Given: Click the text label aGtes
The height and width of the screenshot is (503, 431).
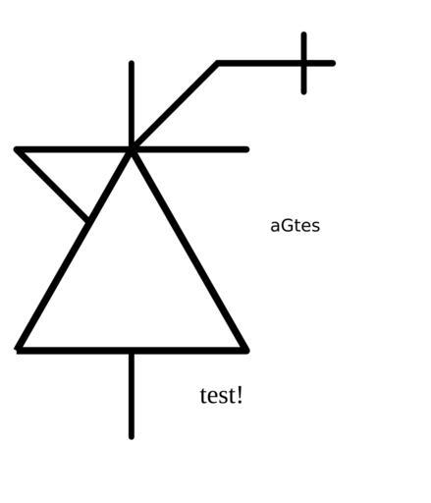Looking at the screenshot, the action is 295,226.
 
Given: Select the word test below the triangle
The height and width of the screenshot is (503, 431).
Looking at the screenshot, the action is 217,395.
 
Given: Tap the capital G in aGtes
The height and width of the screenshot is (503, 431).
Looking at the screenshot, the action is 287,226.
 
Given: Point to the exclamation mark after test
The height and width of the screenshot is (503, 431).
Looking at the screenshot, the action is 240,395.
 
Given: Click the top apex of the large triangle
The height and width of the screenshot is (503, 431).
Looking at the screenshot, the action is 132,149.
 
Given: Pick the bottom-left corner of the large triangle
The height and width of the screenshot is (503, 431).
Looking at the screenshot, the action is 19,350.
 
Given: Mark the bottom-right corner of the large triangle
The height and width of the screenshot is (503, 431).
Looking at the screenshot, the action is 245,350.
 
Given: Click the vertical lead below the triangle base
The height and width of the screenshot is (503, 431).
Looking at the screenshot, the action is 132,395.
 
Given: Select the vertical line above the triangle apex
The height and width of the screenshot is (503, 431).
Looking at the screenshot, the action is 132,105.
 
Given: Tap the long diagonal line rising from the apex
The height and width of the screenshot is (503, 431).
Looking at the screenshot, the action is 175,106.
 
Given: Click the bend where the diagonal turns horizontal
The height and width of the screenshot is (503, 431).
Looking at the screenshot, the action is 218,63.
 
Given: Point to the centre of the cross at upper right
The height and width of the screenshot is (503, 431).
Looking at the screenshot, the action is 304,63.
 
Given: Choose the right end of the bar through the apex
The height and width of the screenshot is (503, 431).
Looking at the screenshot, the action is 246,149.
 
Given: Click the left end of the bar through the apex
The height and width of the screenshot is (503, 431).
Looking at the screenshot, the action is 17,149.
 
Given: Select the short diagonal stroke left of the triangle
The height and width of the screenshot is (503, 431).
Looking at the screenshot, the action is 52,185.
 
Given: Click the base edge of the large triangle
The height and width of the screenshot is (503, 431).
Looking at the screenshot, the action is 132,351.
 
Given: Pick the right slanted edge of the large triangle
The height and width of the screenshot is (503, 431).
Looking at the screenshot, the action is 189,250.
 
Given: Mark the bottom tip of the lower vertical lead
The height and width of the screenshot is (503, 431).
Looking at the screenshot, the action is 132,437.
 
